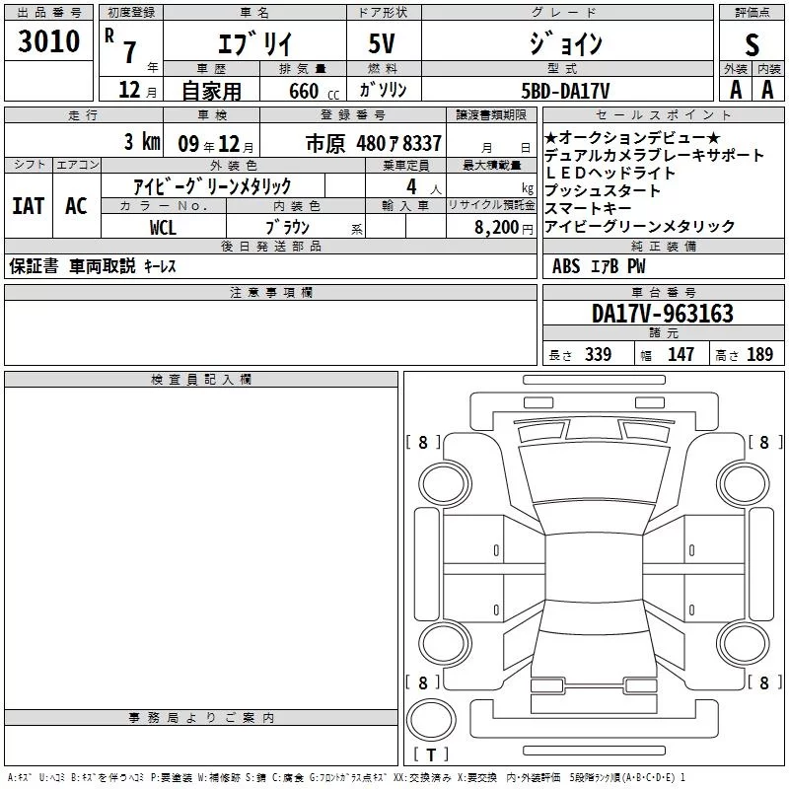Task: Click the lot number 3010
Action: [x=48, y=40]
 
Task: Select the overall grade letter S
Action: [x=752, y=44]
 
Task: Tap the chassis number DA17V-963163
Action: [x=662, y=314]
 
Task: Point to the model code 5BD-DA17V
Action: [x=565, y=91]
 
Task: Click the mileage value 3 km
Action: [x=142, y=141]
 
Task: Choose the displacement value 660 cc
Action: [x=314, y=91]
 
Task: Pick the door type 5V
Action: [x=382, y=43]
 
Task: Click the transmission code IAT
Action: [x=29, y=206]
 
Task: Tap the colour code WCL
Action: [x=163, y=228]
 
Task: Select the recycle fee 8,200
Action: [x=497, y=228]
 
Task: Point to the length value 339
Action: [x=598, y=354]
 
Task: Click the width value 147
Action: [x=681, y=354]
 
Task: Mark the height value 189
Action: [x=759, y=354]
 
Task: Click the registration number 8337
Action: [x=422, y=143]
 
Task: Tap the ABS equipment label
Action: [x=566, y=266]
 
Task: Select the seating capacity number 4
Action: [x=411, y=186]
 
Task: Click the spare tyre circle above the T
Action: [x=431, y=720]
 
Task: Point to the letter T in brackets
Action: [x=431, y=755]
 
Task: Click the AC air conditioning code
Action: [x=76, y=206]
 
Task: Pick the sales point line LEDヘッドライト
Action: [x=610, y=174]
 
